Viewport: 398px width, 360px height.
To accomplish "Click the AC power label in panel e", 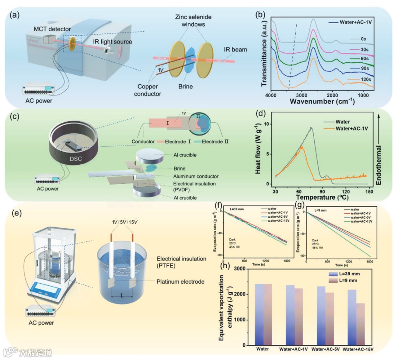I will coord(41,323).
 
